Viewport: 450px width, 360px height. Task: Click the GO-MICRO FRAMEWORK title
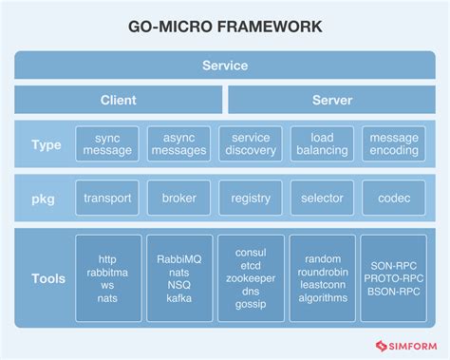pos(225,28)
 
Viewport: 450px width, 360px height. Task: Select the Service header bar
pos(225,66)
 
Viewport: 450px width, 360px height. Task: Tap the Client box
pos(119,100)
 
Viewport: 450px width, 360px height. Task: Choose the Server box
pos(332,100)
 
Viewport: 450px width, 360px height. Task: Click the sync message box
pos(107,143)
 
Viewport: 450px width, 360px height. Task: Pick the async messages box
pos(178,143)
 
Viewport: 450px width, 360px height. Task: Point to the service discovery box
pos(251,143)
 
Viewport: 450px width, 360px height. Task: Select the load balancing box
pos(322,143)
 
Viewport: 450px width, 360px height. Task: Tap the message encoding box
pos(393,143)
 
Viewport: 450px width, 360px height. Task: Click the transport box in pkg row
pos(107,199)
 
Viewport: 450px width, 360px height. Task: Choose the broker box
pos(178,199)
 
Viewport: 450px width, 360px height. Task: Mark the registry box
pos(251,199)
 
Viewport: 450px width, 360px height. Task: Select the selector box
pos(322,199)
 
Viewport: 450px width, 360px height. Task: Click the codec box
pos(393,199)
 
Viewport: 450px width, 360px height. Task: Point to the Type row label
pos(47,144)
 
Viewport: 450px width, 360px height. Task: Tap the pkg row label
pos(47,199)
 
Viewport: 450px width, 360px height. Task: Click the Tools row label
pos(47,278)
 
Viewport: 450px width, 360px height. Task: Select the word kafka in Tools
pos(178,298)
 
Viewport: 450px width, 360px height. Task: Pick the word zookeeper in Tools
pos(251,278)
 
